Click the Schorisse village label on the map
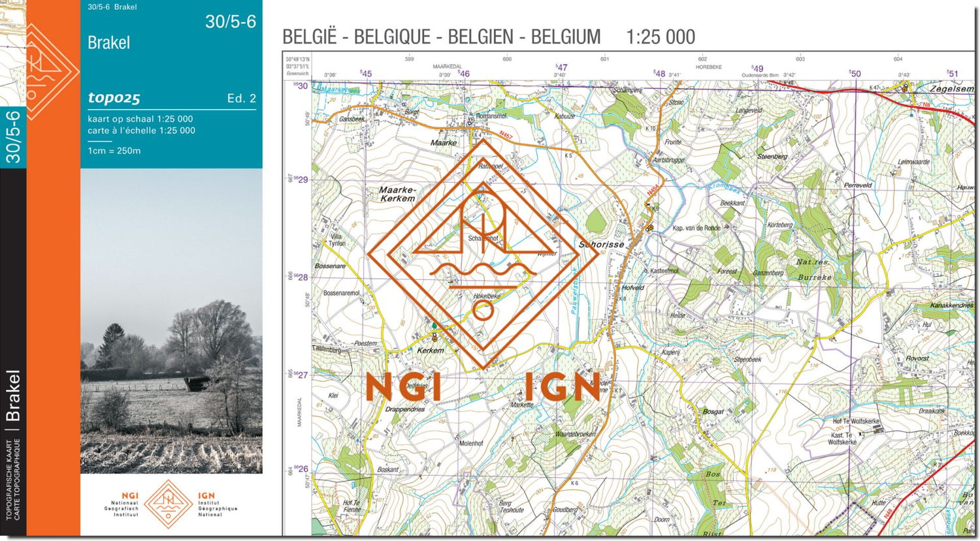click(601, 245)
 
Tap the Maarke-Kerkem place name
click(397, 194)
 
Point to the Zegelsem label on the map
click(951, 89)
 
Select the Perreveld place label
click(858, 185)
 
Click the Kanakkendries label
click(951, 305)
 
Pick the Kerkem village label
click(431, 350)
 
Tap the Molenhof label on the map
click(471, 443)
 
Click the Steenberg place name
click(772, 157)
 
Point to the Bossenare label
click(330, 266)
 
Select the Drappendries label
click(405, 410)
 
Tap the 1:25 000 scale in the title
click(661, 37)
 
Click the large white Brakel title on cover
click(108, 43)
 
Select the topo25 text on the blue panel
click(114, 98)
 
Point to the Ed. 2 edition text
click(241, 99)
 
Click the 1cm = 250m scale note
click(114, 151)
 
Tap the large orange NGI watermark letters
click(403, 387)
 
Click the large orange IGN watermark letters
click(563, 387)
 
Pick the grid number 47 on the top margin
click(562, 67)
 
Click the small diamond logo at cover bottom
click(169, 504)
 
